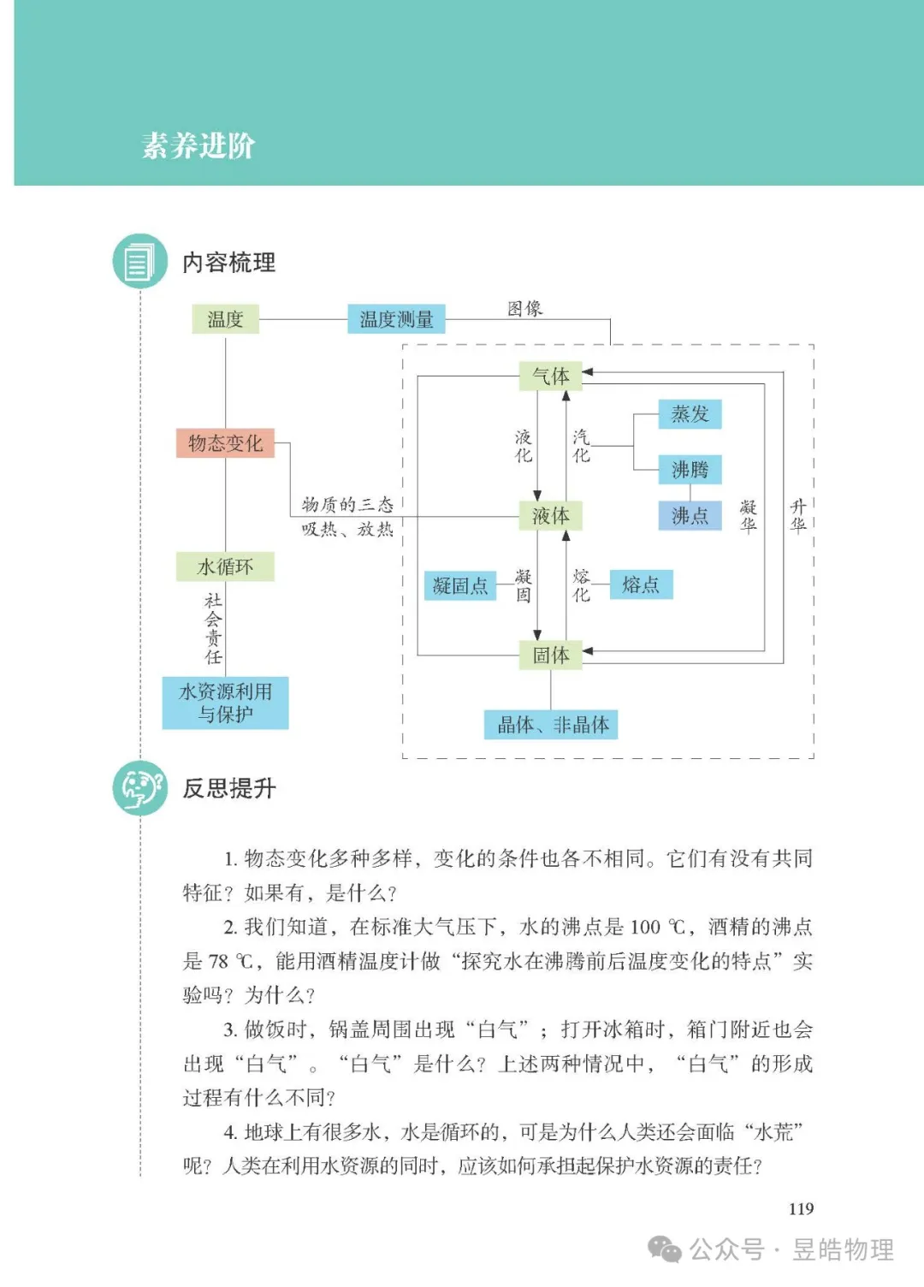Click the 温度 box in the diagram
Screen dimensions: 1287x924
point(225,319)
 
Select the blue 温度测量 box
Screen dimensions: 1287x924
point(396,319)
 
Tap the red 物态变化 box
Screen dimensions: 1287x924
point(225,443)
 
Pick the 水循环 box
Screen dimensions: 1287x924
point(225,566)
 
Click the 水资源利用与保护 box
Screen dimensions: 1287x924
point(225,703)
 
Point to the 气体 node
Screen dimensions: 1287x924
point(550,376)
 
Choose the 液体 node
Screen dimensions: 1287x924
point(550,516)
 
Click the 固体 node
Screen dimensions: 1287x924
point(550,655)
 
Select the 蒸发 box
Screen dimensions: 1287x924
point(690,414)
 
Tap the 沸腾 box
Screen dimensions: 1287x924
point(690,469)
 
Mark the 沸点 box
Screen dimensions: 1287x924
point(690,516)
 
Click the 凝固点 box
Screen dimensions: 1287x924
point(460,585)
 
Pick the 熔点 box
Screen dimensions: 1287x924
point(641,584)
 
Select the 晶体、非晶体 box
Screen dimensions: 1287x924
point(553,725)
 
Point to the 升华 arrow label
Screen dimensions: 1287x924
point(798,516)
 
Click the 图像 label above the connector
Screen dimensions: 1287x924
point(524,309)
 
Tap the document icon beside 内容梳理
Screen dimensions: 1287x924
point(139,261)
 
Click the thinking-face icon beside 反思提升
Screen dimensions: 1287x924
point(139,787)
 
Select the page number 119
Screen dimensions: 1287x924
point(801,1208)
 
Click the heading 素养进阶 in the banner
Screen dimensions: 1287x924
point(198,145)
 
